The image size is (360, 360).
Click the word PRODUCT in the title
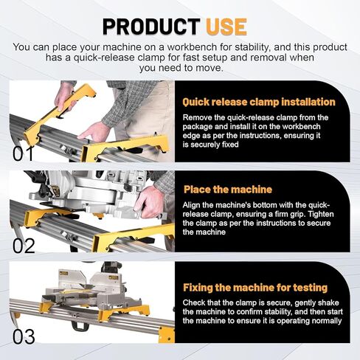click(151, 27)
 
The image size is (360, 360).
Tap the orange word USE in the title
click(226, 27)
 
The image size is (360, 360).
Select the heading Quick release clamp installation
click(259, 102)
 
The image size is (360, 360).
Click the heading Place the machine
click(228, 190)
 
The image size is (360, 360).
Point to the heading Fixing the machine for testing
click(255, 288)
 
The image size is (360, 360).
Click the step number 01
click(23, 154)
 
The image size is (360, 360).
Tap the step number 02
click(24, 246)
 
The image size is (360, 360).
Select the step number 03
click(24, 337)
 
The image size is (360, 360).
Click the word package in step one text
click(198, 127)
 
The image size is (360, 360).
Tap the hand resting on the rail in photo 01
click(94, 132)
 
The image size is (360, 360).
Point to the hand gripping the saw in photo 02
click(149, 202)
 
